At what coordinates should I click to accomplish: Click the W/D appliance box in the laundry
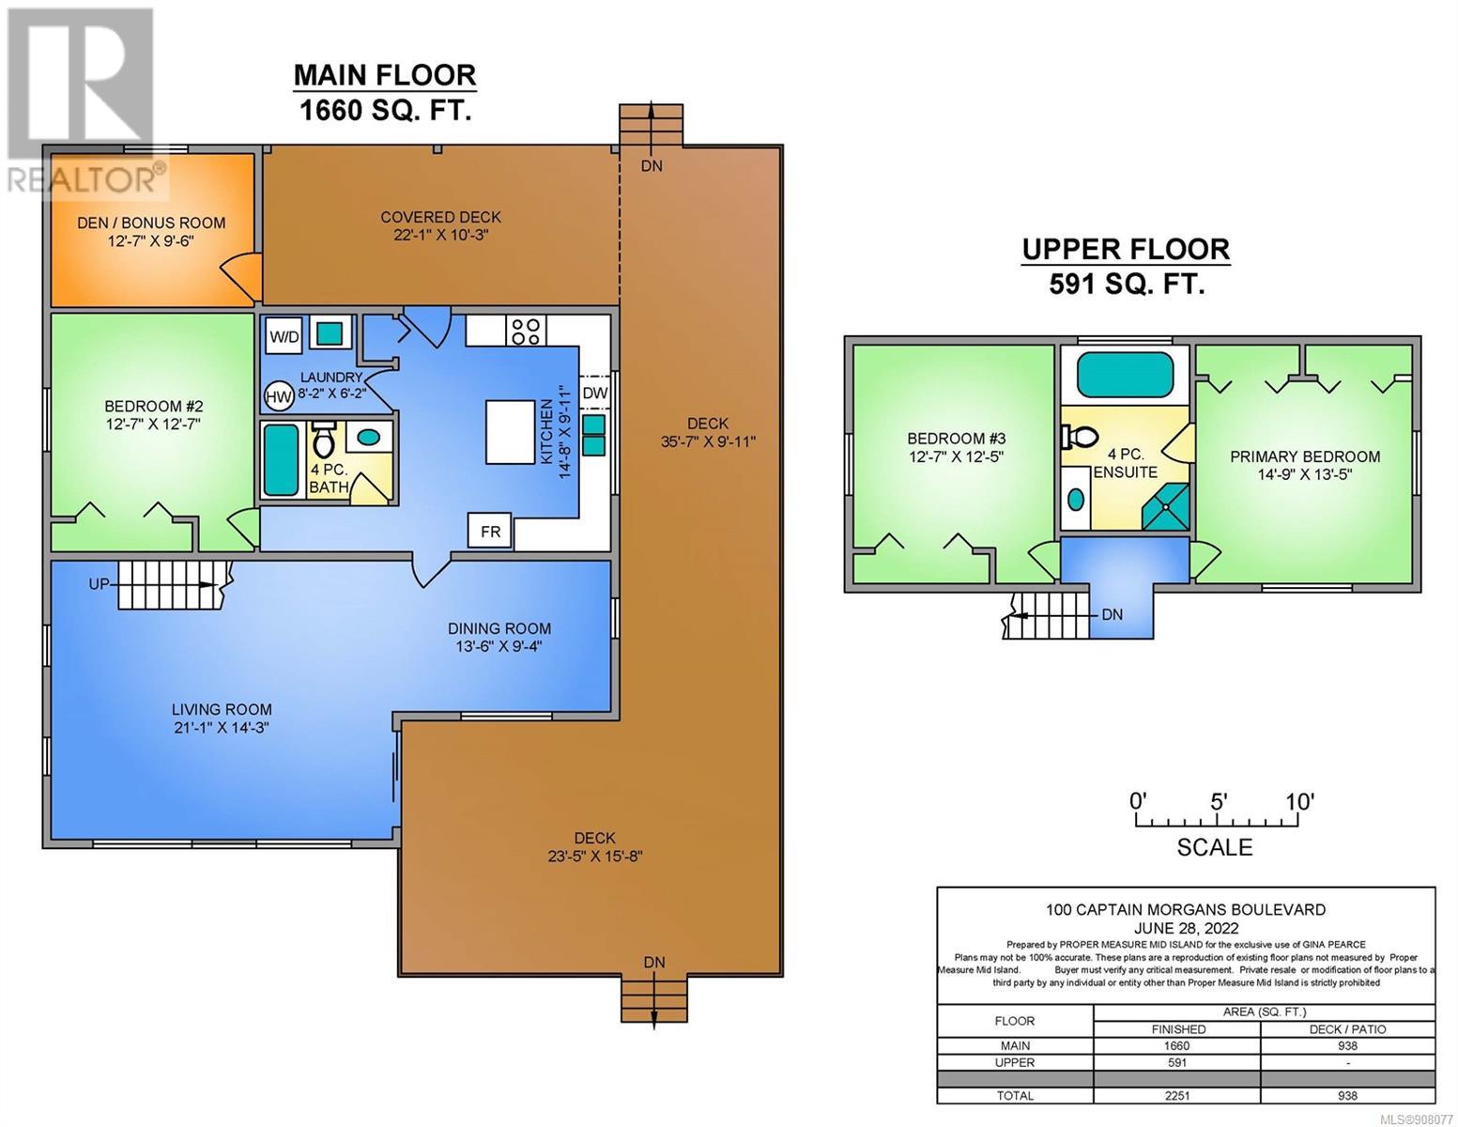[x=284, y=336]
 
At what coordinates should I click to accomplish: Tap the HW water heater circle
[x=279, y=397]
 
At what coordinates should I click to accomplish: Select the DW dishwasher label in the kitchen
[x=594, y=393]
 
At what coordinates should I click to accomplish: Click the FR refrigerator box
[x=490, y=532]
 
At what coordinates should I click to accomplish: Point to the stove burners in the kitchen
[x=526, y=331]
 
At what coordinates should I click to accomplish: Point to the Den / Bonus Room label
[x=151, y=223]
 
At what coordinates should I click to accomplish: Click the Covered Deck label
[x=441, y=218]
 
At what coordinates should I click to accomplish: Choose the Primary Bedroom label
[x=1305, y=456]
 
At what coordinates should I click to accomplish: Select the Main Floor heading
[x=385, y=75]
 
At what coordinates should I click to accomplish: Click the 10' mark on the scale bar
[x=1299, y=801]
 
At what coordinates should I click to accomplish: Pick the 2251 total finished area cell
[x=1176, y=1096]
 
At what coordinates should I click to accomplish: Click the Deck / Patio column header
[x=1346, y=1029]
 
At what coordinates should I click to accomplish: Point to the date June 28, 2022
[x=1186, y=928]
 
